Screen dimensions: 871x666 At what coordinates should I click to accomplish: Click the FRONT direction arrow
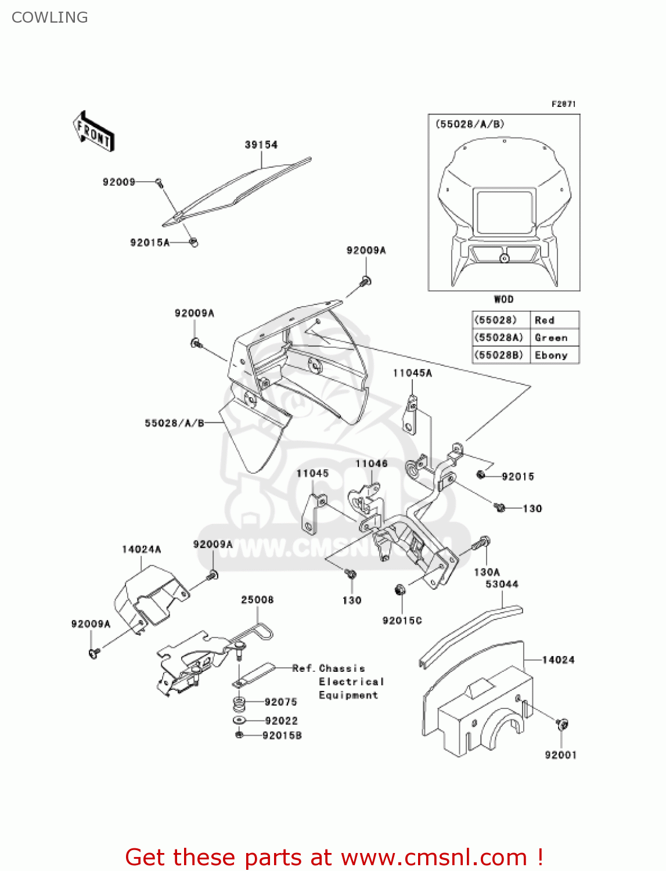[x=93, y=131]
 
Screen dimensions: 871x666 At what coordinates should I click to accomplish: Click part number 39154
[x=261, y=145]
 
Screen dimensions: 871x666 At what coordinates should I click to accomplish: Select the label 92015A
[x=149, y=243]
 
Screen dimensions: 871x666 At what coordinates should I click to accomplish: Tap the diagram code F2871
[x=563, y=104]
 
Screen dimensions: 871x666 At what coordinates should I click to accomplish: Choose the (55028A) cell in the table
[x=499, y=338]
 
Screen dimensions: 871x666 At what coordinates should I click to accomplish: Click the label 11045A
[x=412, y=373]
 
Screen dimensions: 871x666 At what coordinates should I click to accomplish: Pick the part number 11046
[x=371, y=463]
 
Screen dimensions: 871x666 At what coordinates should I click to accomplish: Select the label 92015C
[x=402, y=621]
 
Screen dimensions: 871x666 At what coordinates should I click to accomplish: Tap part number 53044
[x=502, y=584]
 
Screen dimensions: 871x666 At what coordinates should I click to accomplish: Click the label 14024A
[x=141, y=549]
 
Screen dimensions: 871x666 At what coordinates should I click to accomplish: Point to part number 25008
[x=257, y=600]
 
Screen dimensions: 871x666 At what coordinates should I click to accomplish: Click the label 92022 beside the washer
[x=281, y=721]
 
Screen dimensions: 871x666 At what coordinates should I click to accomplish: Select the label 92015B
[x=282, y=736]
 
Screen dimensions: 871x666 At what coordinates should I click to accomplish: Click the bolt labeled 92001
[x=562, y=724]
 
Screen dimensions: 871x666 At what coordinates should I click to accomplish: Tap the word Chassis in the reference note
[x=342, y=669]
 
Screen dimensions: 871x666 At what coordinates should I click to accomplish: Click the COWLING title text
[x=50, y=17]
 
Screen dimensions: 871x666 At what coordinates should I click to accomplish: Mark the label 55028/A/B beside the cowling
[x=174, y=423]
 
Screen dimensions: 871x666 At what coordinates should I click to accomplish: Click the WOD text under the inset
[x=503, y=300]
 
